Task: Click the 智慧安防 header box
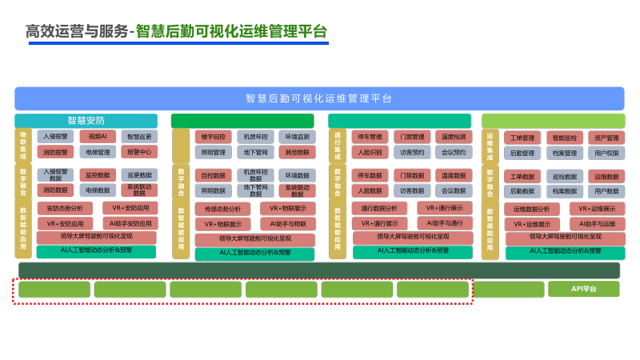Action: click(x=86, y=121)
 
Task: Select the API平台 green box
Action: click(x=583, y=289)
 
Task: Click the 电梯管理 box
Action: click(x=98, y=152)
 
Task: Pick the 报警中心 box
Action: click(x=139, y=152)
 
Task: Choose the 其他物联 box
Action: click(x=297, y=152)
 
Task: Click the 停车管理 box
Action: click(x=370, y=137)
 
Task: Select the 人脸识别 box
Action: click(x=370, y=152)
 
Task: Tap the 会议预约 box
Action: click(x=453, y=152)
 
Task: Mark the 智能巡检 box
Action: click(x=564, y=138)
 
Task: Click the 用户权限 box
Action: click(x=606, y=153)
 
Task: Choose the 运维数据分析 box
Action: click(x=531, y=209)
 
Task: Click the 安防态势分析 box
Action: click(x=65, y=208)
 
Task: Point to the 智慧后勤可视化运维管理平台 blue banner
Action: click(x=319, y=98)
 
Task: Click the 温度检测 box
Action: click(x=453, y=137)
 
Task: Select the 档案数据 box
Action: click(x=564, y=191)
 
